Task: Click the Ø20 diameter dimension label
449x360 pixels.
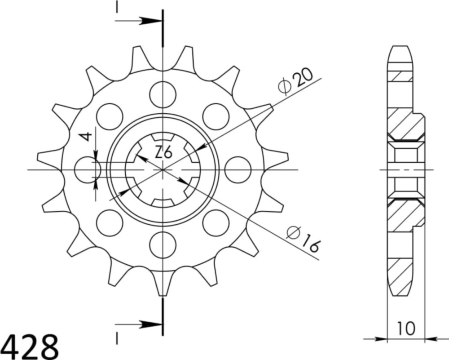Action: pyautogui.click(x=295, y=82)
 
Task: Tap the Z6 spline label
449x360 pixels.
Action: pyautogui.click(x=163, y=153)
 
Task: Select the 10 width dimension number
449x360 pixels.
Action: pyautogui.click(x=405, y=328)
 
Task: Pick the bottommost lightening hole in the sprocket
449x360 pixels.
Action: pyautogui.click(x=163, y=245)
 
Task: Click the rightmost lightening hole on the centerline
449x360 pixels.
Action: pyautogui.click(x=238, y=170)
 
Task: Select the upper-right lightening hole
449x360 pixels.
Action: pyautogui.click(x=216, y=116)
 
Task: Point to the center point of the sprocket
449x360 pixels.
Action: pyautogui.click(x=163, y=170)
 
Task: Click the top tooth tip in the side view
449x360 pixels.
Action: pyautogui.click(x=400, y=48)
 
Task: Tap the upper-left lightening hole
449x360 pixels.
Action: pyautogui.click(x=110, y=116)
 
